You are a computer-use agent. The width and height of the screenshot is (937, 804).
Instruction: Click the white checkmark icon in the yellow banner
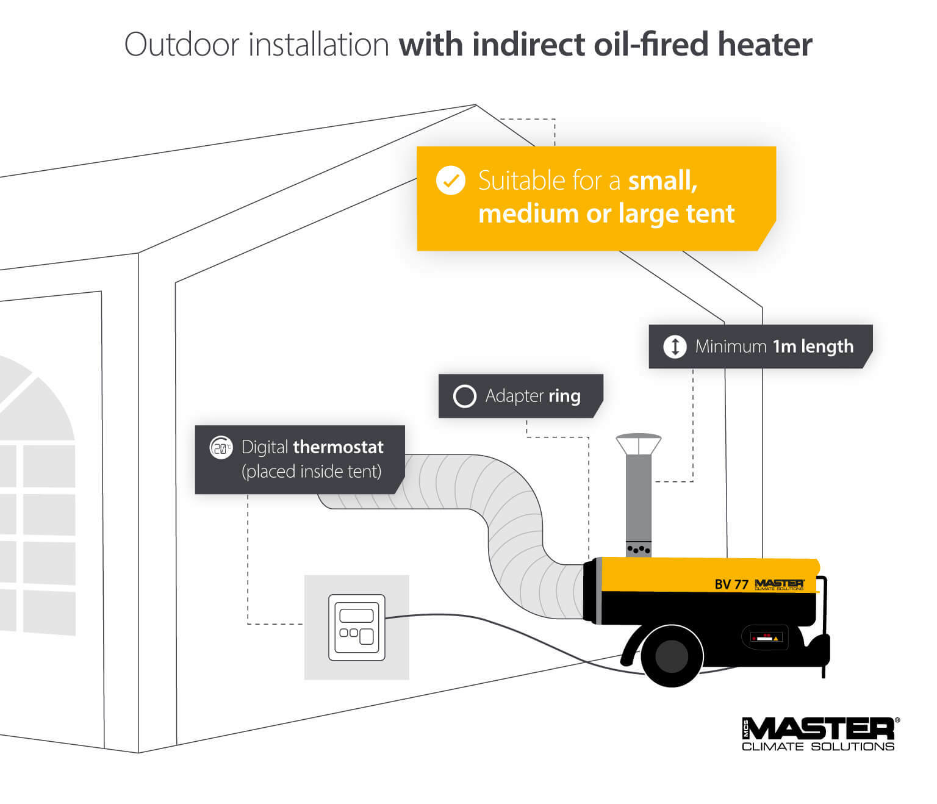[450, 181]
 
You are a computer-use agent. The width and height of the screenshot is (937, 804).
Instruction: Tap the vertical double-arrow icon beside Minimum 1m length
[675, 346]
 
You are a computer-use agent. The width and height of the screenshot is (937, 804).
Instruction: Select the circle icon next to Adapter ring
[464, 396]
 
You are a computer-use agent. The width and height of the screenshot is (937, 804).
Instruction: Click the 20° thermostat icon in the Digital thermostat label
[221, 447]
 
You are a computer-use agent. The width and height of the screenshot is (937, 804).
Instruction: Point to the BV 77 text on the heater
[731, 584]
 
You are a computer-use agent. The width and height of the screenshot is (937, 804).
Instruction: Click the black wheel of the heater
[672, 656]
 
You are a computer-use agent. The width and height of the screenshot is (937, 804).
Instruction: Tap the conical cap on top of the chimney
[639, 443]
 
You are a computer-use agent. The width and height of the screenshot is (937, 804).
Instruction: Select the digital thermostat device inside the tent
[357, 627]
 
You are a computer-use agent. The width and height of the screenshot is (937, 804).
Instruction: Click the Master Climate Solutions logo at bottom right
[819, 734]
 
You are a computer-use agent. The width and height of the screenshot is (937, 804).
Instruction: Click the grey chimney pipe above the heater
[639, 500]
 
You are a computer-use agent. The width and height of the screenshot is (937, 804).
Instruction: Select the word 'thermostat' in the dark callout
[338, 447]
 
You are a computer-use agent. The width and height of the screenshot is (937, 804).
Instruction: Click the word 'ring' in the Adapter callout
[564, 396]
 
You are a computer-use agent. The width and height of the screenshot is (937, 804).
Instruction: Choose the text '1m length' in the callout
[813, 346]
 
